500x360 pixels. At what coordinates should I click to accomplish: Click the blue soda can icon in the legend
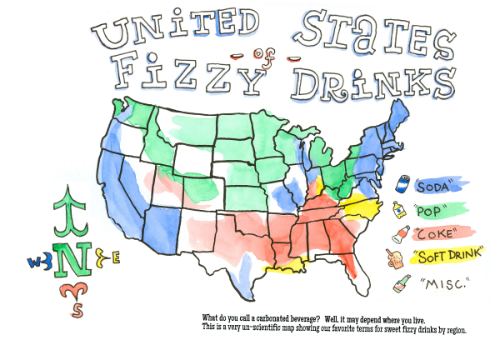point(402,184)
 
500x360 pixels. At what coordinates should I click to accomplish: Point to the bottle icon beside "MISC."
point(402,284)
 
